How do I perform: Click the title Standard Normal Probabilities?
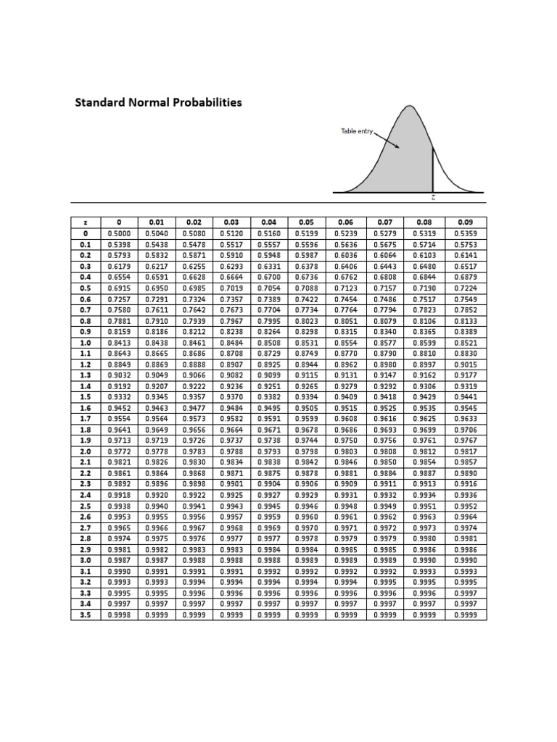159,102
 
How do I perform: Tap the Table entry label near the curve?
356,131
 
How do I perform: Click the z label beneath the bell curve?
433,197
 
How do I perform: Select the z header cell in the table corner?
86,222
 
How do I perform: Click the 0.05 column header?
307,222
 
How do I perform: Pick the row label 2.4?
86,495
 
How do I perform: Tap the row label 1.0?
86,343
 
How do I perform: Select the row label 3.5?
86,614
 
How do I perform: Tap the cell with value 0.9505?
307,408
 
